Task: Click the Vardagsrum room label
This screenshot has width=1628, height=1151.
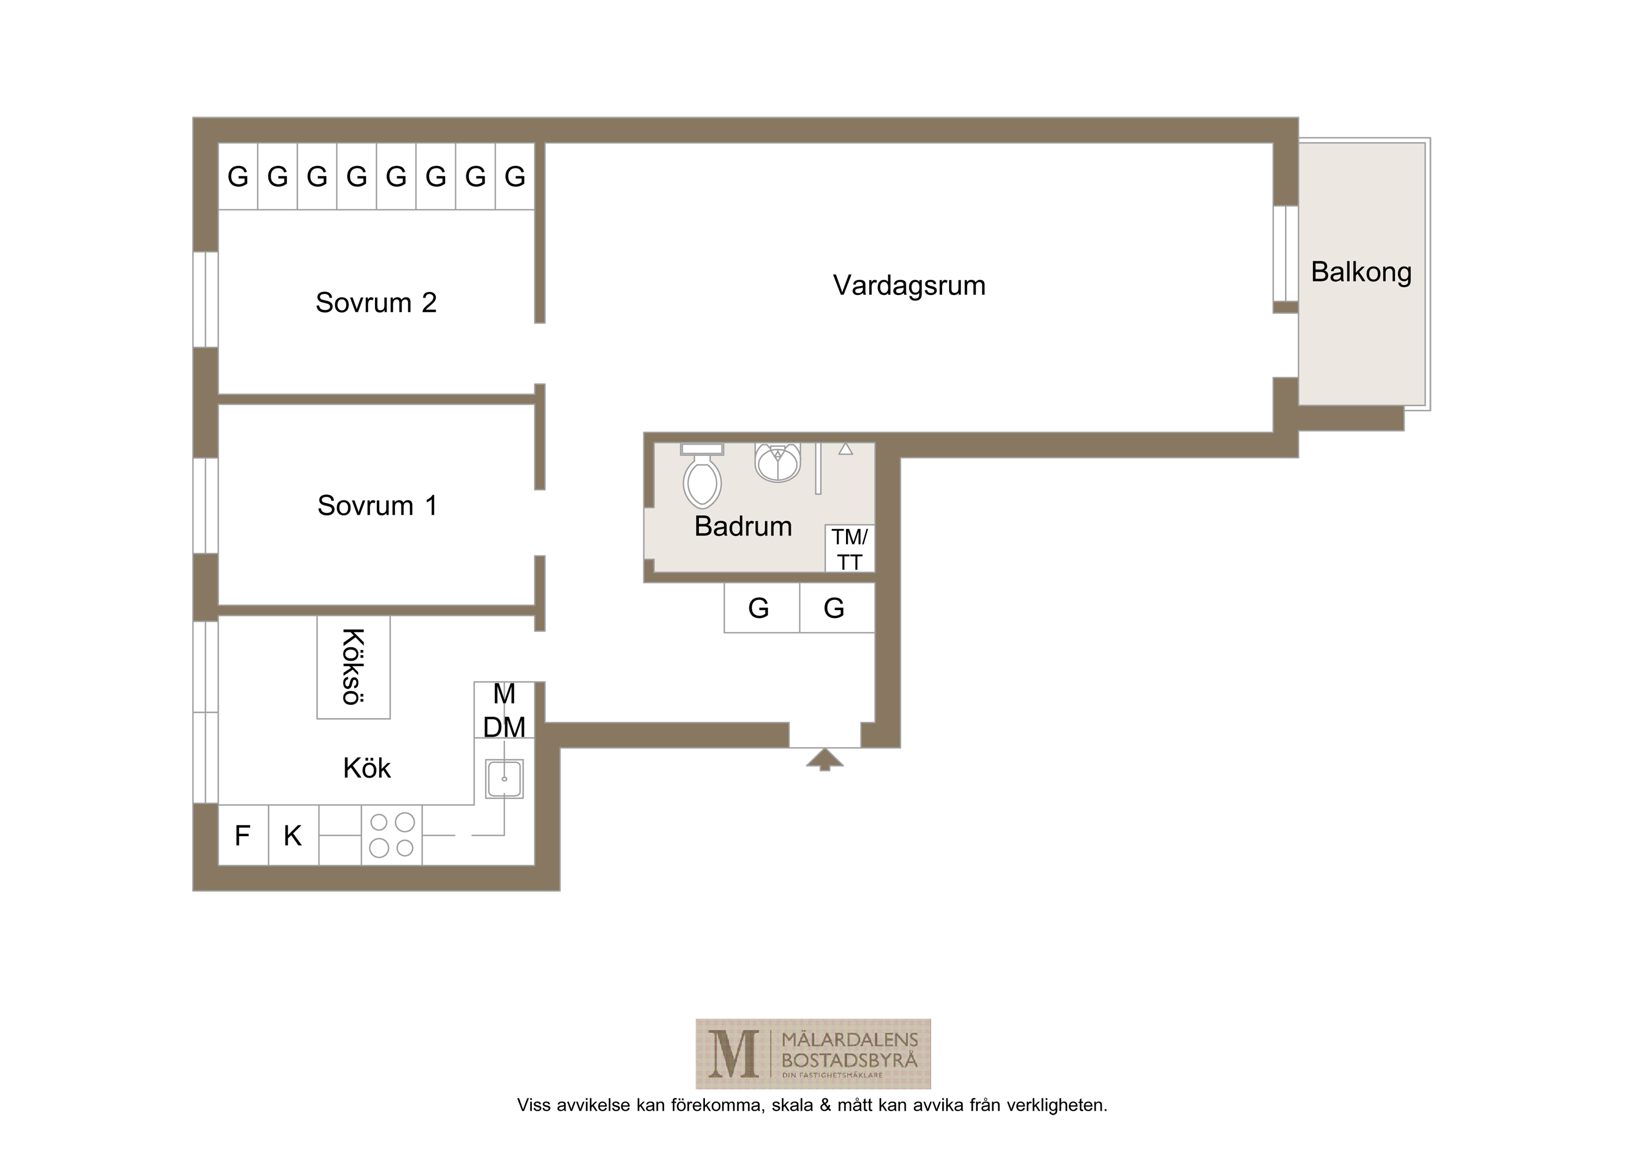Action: [x=909, y=285]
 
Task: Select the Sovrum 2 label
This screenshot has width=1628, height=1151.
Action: [x=376, y=303]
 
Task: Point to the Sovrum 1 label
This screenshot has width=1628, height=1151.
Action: [x=377, y=505]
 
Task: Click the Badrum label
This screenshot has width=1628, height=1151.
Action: [x=743, y=526]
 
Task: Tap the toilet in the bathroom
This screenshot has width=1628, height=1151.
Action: [x=702, y=476]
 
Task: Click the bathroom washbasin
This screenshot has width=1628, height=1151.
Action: [x=778, y=463]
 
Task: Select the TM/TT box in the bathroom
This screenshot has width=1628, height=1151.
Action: [x=849, y=549]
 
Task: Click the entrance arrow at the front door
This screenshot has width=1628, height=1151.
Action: [x=825, y=759]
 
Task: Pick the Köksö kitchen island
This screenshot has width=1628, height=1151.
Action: [x=353, y=667]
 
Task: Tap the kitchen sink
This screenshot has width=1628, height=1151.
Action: [x=504, y=779]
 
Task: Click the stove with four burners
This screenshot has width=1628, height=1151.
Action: [x=392, y=836]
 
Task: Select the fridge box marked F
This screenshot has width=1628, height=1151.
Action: [x=243, y=836]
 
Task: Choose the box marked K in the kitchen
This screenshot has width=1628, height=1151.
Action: [x=294, y=836]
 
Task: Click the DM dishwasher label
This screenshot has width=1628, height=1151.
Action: [x=504, y=727]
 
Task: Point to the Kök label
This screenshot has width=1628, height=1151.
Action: [x=367, y=768]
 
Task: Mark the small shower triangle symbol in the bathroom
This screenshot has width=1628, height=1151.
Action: [x=845, y=449]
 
